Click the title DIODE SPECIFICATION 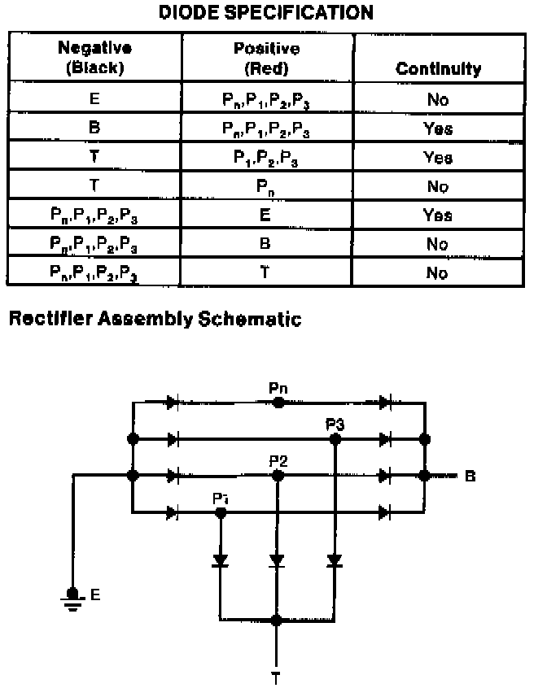(x=265, y=13)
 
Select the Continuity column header (x=438, y=68)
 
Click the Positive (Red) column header (x=266, y=59)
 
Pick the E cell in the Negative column (x=94, y=100)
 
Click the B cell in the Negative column (x=94, y=128)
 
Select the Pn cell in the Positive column (x=266, y=186)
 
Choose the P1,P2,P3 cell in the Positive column (x=266, y=157)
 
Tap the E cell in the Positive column (x=266, y=216)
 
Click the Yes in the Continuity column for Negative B (x=438, y=128)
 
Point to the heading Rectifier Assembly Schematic (x=154, y=319)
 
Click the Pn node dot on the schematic (x=278, y=402)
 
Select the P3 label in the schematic (x=335, y=424)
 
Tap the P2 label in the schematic (x=278, y=460)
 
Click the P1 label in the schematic (x=219, y=498)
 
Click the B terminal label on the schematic (x=470, y=476)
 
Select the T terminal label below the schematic (x=277, y=677)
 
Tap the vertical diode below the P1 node (x=220, y=561)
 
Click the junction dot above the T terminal (x=277, y=620)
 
